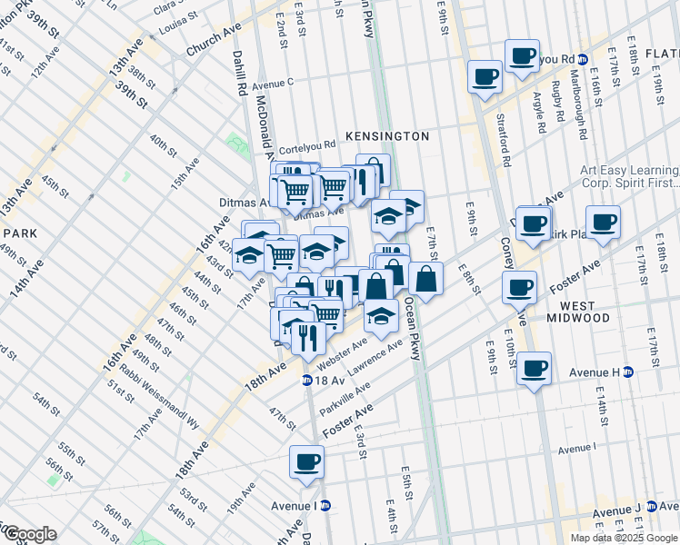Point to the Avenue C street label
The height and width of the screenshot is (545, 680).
coord(273,84)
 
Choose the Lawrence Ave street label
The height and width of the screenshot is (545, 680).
coord(375,357)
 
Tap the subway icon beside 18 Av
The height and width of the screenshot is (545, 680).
coord(307,380)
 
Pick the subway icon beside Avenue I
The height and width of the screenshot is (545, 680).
coord(325,506)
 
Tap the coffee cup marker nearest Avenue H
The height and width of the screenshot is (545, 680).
coord(535,368)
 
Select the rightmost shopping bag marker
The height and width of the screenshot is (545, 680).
coord(425,279)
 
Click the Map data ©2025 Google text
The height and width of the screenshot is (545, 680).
coord(624,538)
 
